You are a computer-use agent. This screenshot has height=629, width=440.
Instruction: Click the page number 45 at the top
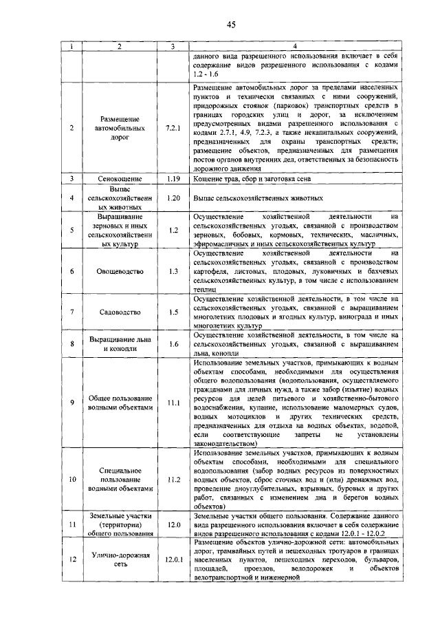pyautogui.click(x=232, y=25)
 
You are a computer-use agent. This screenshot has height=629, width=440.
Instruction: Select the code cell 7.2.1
pyautogui.click(x=173, y=128)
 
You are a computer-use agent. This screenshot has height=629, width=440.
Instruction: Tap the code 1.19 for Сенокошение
pyautogui.click(x=173, y=178)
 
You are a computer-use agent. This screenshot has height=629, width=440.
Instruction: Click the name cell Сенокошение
pyautogui.click(x=120, y=178)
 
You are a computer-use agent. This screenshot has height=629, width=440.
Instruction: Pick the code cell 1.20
pyautogui.click(x=173, y=198)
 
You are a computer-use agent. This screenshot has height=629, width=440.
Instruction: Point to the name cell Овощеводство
pyautogui.click(x=120, y=272)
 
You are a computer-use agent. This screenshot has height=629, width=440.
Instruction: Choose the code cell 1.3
pyautogui.click(x=173, y=272)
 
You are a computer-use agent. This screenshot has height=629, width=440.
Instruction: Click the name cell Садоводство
pyautogui.click(x=120, y=311)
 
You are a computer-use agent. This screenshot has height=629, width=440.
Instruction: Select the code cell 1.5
pyautogui.click(x=173, y=311)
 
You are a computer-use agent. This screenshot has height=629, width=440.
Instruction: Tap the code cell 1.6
pyautogui.click(x=173, y=343)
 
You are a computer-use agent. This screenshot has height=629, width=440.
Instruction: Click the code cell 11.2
pyautogui.click(x=173, y=479)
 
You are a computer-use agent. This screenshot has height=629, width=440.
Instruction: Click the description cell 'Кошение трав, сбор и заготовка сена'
pyautogui.click(x=253, y=178)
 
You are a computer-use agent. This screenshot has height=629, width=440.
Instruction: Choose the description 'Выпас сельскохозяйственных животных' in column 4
pyautogui.click(x=258, y=198)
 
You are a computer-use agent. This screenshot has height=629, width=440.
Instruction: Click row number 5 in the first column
pyautogui.click(x=72, y=230)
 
